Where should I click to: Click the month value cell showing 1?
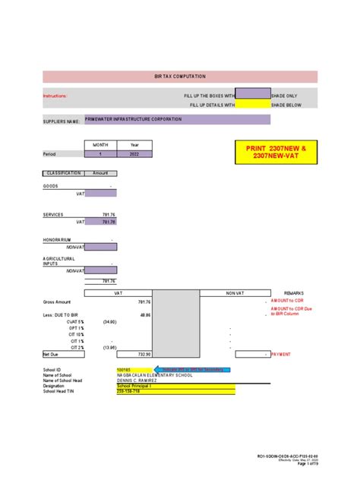99,154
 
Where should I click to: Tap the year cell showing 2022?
135,154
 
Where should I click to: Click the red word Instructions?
55,96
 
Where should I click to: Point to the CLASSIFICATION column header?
62,173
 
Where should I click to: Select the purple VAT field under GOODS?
101,194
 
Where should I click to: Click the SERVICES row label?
52,215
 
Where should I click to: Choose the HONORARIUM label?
57,239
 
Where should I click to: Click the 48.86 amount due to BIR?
144,314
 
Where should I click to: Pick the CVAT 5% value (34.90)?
110,321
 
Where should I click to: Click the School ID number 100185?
114,369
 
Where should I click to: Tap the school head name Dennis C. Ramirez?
137,381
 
